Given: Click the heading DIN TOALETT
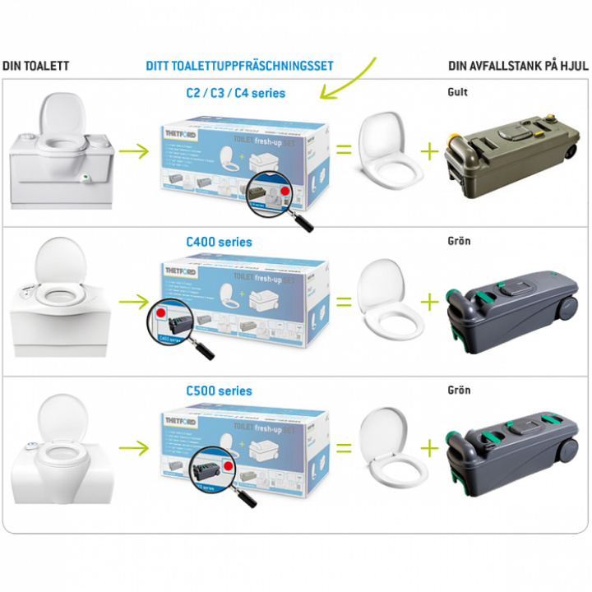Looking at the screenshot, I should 36,66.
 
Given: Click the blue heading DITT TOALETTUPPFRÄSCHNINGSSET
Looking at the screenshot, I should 239,66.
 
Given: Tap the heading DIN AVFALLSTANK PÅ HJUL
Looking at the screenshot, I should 517,66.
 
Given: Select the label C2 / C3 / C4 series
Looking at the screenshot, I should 236,93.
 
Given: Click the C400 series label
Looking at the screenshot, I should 219,242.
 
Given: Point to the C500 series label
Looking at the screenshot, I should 219,391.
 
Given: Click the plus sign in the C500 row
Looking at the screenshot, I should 429,448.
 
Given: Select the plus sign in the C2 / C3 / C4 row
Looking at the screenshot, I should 429,150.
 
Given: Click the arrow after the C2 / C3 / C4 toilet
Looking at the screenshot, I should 132,151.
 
